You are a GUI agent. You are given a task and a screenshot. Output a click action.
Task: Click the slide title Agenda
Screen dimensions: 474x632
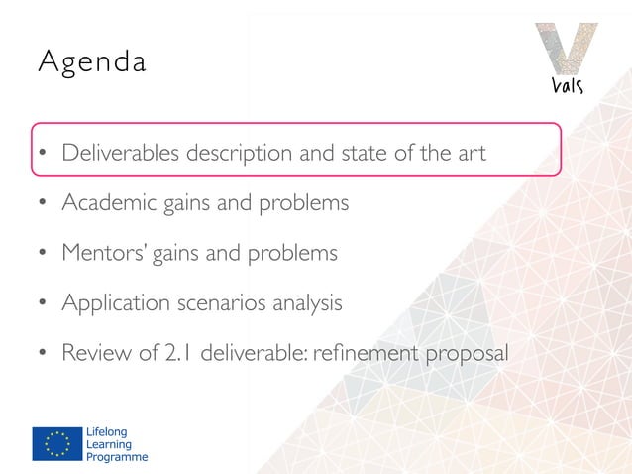(x=91, y=63)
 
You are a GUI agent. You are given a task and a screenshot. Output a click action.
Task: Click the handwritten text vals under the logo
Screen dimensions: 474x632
(x=568, y=85)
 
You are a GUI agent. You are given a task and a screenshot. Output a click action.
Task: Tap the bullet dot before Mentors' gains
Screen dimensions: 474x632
(x=43, y=254)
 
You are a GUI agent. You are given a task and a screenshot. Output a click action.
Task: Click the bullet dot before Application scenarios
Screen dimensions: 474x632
(x=43, y=303)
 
